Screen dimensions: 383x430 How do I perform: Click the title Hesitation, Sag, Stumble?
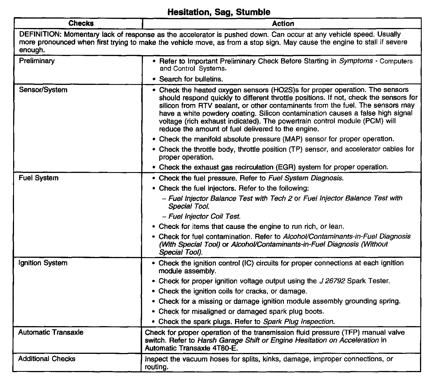[218, 12]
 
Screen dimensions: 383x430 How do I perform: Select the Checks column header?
[81, 23]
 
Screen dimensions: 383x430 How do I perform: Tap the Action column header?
[283, 23]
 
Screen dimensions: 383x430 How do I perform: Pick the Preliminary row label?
[37, 61]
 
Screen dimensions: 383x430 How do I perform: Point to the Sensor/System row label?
[43, 90]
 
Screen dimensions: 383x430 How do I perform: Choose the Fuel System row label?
[39, 178]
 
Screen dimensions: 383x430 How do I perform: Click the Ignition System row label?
[43, 263]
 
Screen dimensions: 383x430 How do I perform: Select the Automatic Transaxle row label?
[51, 332]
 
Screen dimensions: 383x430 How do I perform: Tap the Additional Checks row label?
[47, 359]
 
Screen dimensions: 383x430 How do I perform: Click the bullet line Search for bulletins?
[191, 79]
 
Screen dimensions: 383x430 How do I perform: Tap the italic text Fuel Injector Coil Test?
[204, 216]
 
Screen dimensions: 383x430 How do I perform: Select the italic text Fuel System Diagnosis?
[306, 178]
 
